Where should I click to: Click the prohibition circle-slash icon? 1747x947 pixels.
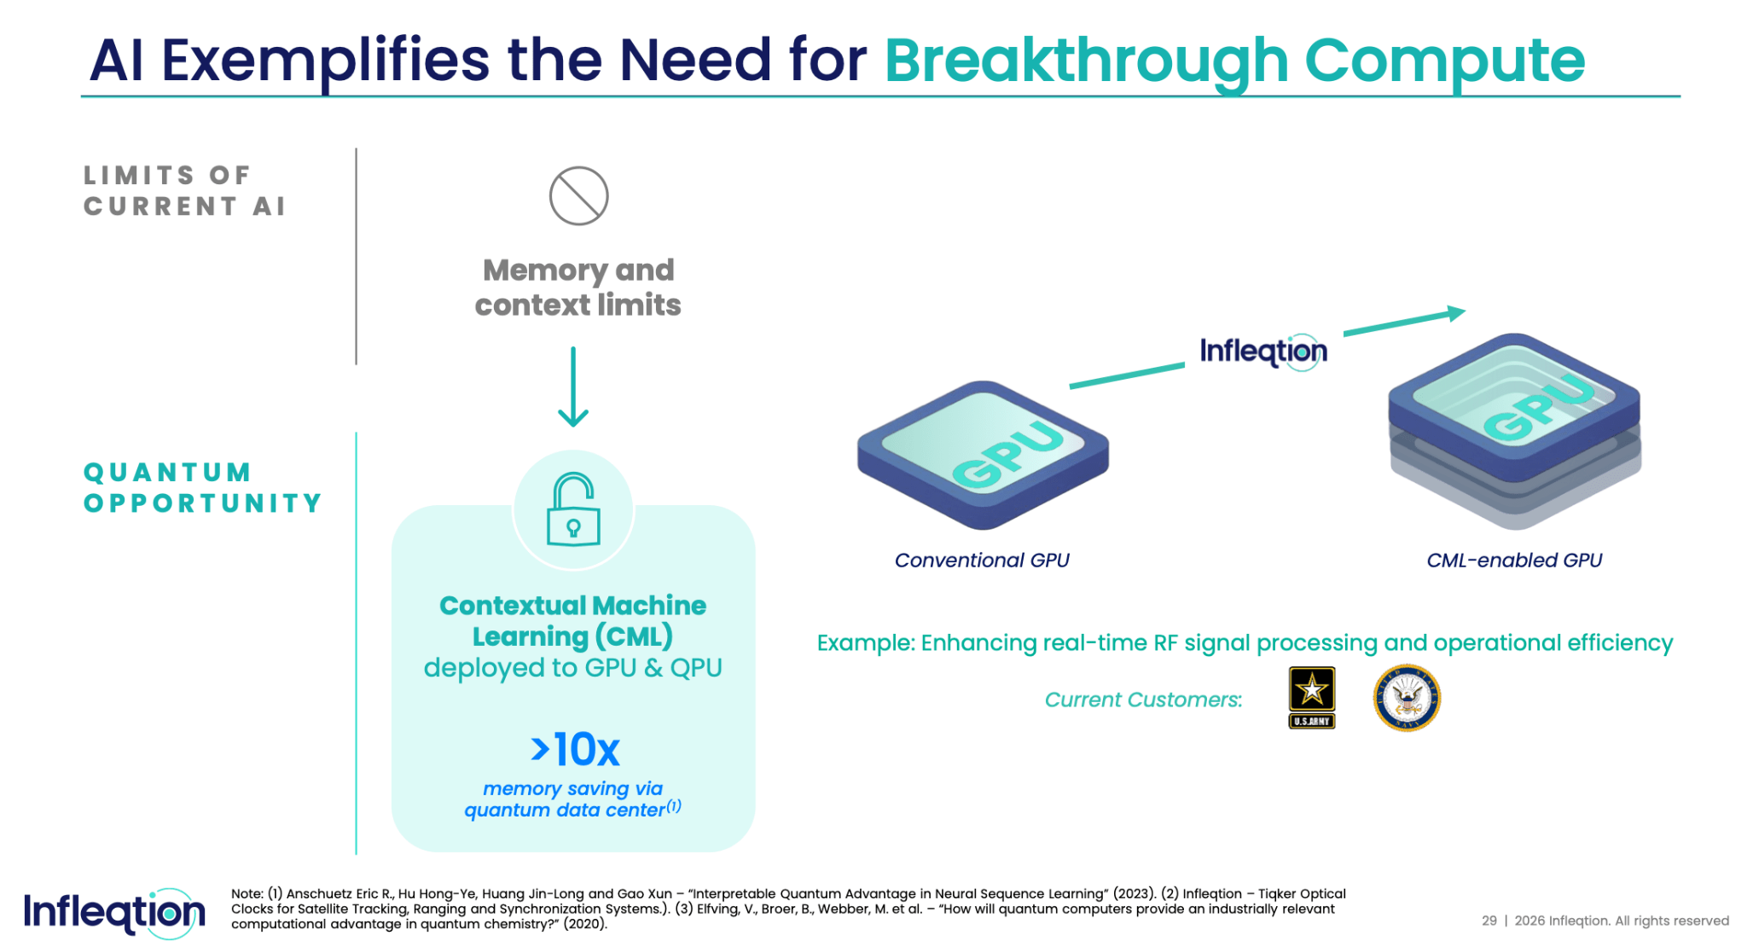(578, 196)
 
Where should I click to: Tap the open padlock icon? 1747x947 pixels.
(573, 509)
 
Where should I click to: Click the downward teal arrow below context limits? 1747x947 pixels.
(573, 388)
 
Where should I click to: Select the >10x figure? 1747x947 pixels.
(576, 750)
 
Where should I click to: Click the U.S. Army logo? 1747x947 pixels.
(1311, 697)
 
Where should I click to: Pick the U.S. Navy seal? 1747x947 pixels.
(1406, 698)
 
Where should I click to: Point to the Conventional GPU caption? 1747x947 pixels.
(981, 561)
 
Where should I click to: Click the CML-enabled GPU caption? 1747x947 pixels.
(1514, 561)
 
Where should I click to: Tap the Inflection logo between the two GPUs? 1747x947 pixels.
(1262, 351)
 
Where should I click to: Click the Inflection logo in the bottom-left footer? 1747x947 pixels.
(113, 913)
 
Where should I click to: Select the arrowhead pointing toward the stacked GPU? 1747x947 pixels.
(1455, 314)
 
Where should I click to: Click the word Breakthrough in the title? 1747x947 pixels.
(1086, 61)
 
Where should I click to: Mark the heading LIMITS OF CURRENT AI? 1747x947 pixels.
(183, 190)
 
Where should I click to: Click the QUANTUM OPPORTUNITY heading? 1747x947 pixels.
(202, 487)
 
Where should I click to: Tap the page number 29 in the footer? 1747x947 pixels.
(1489, 921)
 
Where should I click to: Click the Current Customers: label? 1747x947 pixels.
(1143, 700)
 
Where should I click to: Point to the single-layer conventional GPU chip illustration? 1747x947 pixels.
(983, 454)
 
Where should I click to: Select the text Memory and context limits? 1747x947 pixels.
(577, 288)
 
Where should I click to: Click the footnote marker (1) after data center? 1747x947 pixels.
(674, 805)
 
